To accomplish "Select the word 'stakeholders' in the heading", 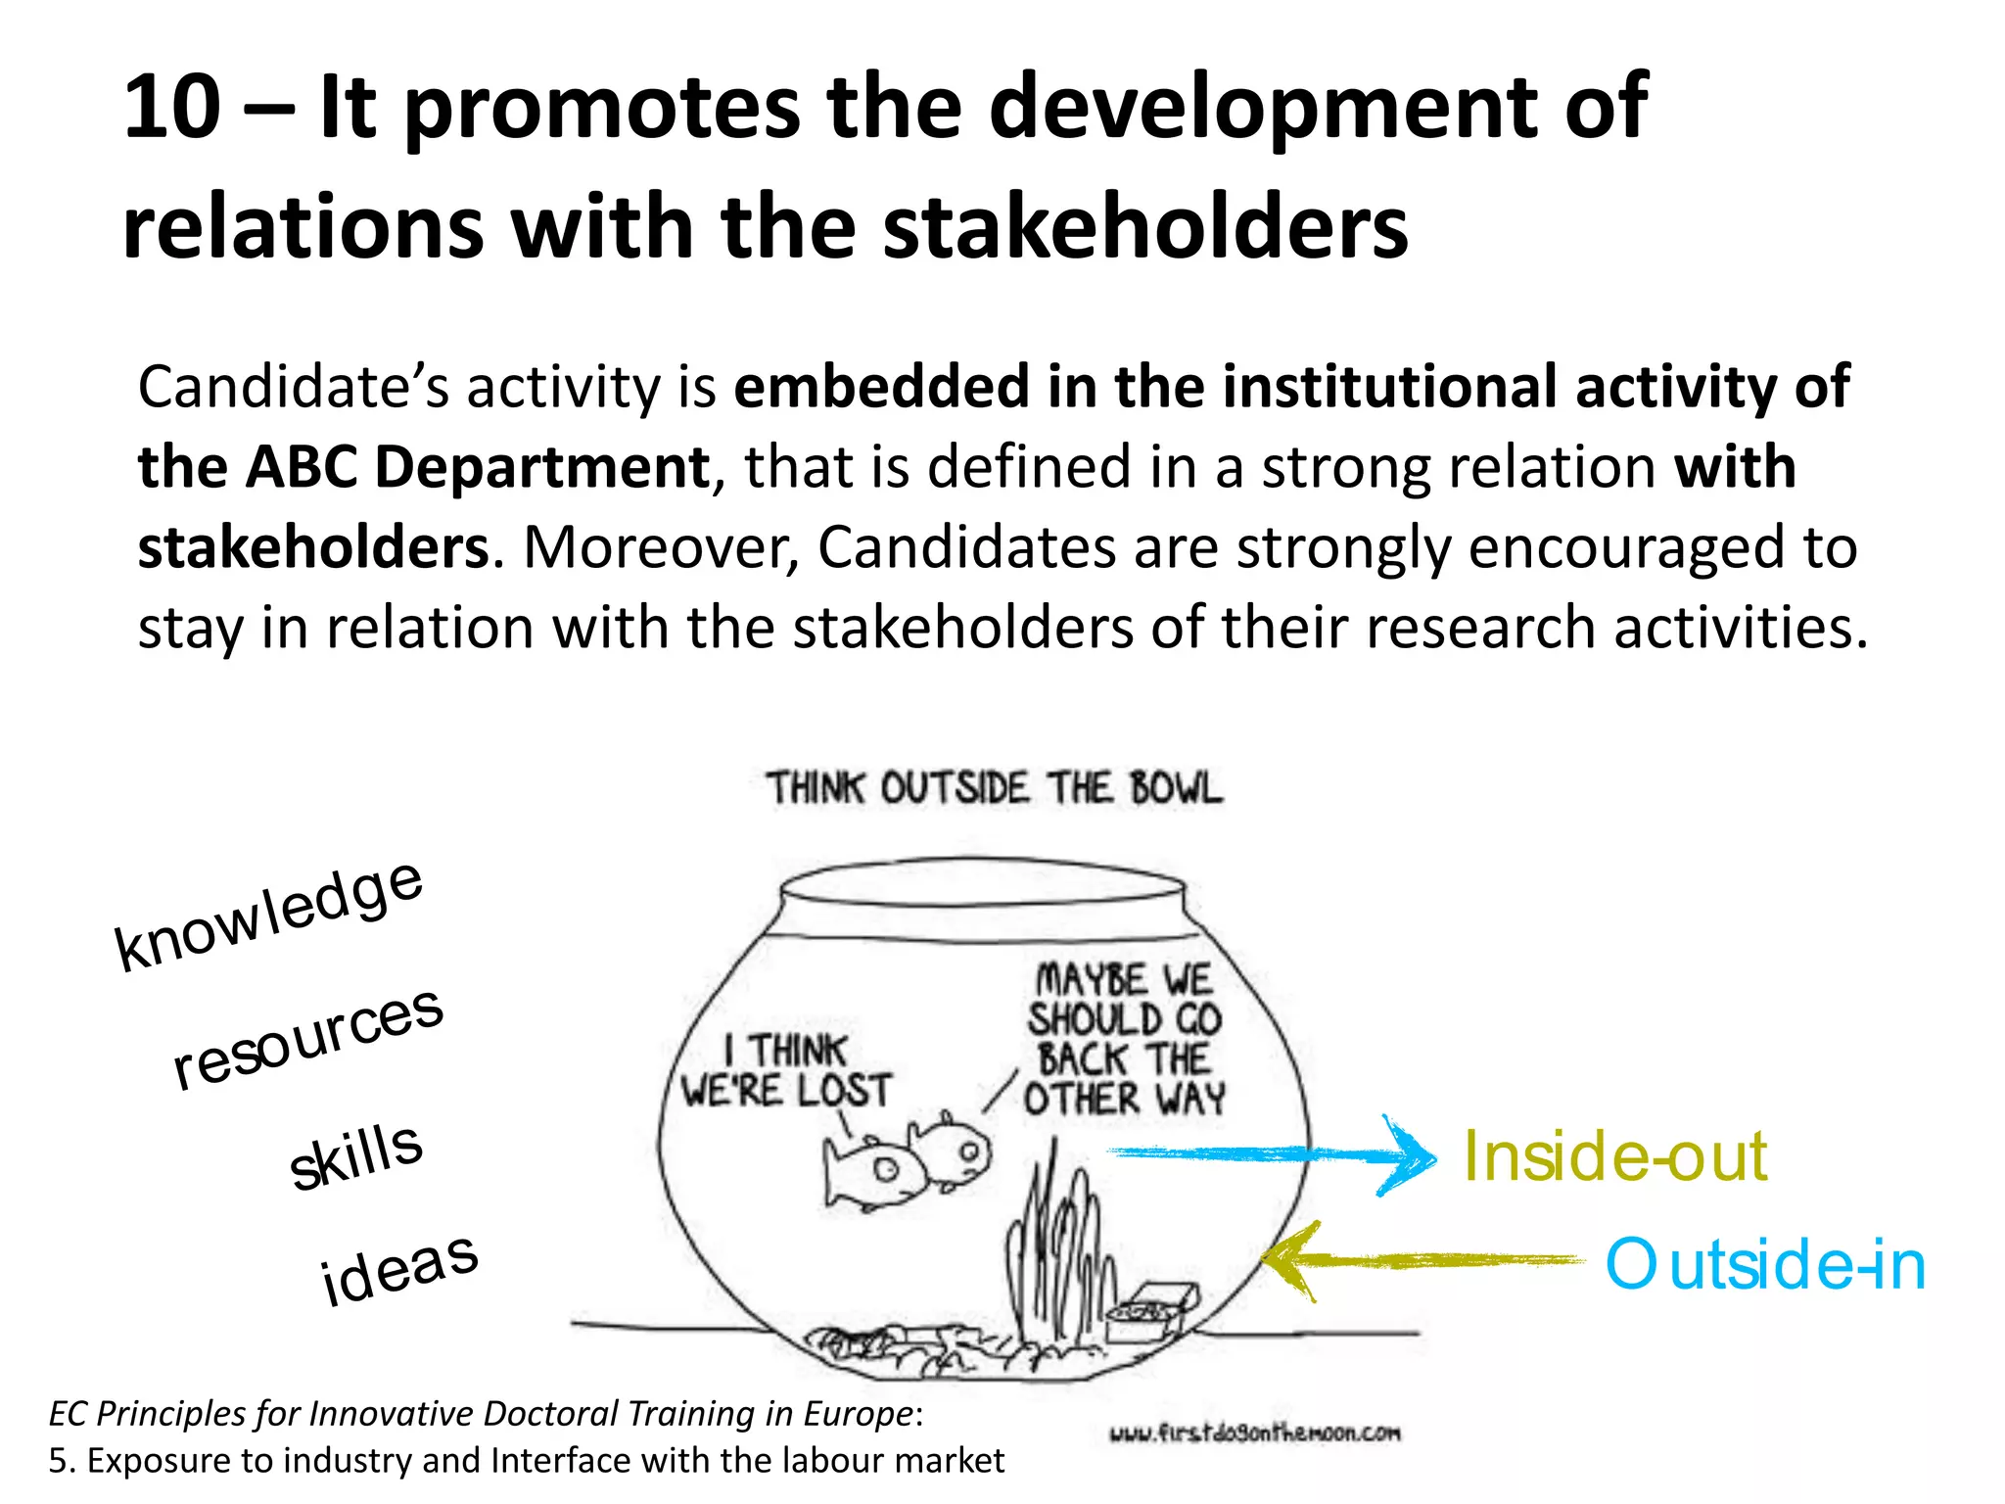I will click(x=1145, y=227).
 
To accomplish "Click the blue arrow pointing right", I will click(x=1273, y=1155).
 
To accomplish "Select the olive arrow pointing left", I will click(x=1420, y=1261).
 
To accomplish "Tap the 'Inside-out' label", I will click(x=1615, y=1156).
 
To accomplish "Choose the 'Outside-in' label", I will click(x=1765, y=1264).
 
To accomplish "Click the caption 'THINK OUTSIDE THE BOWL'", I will click(x=994, y=788).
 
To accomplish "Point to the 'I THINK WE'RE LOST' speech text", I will click(x=787, y=1071).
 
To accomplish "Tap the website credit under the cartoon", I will click(x=1254, y=1433).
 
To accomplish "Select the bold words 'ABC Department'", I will click(x=478, y=467).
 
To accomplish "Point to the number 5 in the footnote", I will click(x=58, y=1461).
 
